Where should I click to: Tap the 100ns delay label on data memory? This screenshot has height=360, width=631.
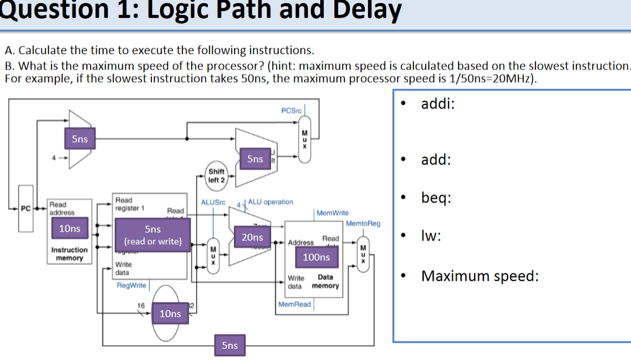coord(316,257)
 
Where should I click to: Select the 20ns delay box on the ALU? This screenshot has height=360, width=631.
coord(252,237)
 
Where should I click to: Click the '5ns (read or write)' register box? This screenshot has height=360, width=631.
coord(153,235)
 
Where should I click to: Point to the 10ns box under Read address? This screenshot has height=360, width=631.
coord(69,228)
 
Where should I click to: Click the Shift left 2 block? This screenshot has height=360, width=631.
coord(217,176)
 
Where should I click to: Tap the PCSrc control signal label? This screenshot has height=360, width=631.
coord(291,110)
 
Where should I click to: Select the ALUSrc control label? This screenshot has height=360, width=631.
coord(213,202)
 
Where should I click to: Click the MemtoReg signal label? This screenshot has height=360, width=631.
coord(363,223)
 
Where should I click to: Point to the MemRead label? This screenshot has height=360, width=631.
coord(295,304)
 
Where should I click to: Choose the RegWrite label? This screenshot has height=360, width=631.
coord(132,286)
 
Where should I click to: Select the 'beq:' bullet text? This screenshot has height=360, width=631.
coord(436,198)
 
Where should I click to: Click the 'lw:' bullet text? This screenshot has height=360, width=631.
coord(431,236)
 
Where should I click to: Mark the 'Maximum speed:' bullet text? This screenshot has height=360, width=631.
coord(480,276)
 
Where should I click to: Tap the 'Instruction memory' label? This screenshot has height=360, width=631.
coord(69,253)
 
